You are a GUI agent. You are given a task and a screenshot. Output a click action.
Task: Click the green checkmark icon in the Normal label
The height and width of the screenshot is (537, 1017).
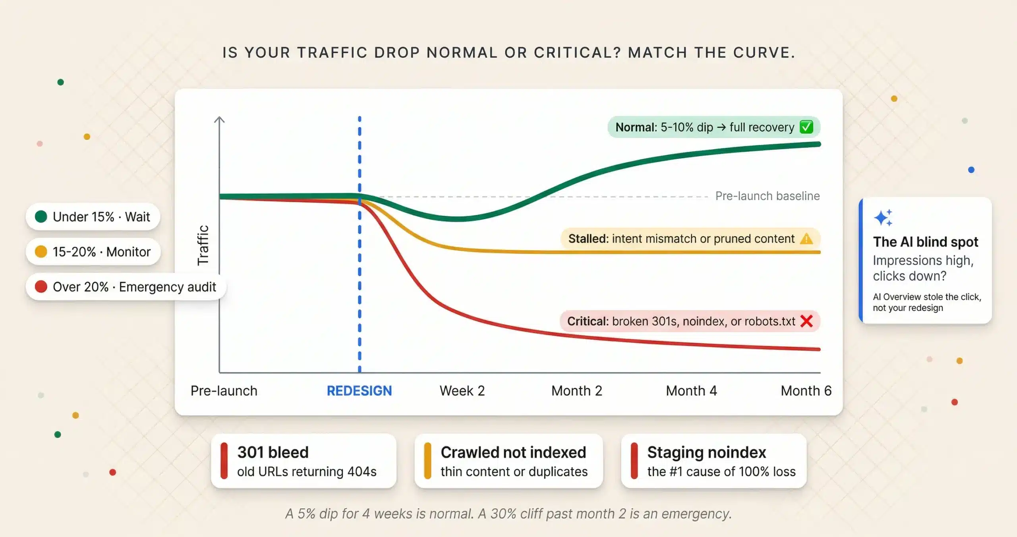tap(806, 127)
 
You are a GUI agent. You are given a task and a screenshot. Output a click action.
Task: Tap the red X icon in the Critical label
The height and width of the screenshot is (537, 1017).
tap(806, 321)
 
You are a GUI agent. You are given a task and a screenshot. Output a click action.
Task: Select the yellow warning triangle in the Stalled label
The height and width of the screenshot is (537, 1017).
tap(806, 239)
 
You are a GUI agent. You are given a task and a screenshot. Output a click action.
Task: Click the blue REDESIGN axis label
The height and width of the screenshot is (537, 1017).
tap(359, 391)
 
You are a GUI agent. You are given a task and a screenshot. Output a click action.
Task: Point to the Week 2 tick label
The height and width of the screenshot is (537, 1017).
tap(462, 391)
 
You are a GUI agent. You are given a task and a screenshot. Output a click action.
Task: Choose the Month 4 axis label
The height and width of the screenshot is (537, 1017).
tap(691, 391)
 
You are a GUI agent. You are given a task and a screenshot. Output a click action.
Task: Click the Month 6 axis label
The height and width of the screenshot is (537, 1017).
tap(806, 391)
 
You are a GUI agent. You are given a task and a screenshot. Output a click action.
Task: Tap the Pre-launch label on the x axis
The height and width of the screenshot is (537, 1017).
tap(224, 391)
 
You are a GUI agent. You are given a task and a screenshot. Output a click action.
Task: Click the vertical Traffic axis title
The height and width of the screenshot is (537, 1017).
tap(203, 245)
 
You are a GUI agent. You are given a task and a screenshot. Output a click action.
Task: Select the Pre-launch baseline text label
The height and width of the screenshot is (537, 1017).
tap(767, 196)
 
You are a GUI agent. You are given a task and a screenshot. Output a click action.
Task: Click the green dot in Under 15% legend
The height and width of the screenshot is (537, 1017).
tap(41, 216)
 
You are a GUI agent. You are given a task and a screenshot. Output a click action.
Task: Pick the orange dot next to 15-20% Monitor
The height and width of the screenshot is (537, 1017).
tap(41, 251)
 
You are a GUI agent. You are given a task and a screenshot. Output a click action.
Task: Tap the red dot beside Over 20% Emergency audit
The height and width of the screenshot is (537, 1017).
tap(41, 286)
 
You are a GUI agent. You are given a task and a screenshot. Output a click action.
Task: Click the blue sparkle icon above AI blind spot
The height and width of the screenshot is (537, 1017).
tap(883, 218)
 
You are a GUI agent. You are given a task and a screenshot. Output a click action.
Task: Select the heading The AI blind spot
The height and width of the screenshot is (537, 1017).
tap(925, 242)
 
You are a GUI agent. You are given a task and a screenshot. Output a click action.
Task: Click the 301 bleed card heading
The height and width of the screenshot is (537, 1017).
tap(273, 452)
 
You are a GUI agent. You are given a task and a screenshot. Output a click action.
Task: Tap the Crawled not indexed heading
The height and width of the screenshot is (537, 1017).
tap(513, 452)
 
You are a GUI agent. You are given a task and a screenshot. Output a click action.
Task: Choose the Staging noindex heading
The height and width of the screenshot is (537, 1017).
tap(706, 452)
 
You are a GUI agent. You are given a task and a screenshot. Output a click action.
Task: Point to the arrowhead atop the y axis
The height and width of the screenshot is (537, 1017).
tap(219, 119)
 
